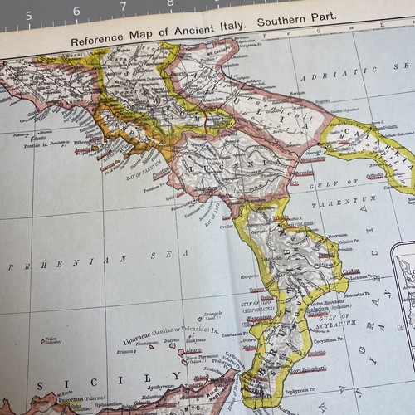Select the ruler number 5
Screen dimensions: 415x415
(29, 15)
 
